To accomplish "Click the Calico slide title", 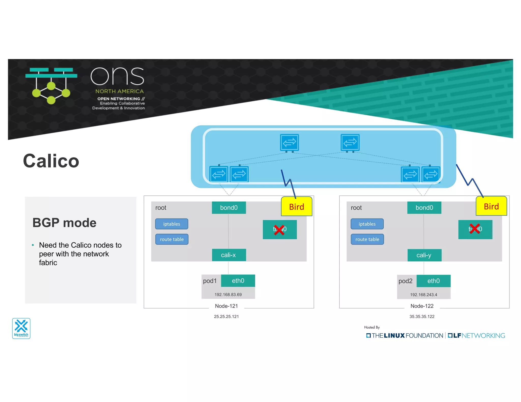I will click(x=51, y=161).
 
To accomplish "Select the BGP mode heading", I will click(x=64, y=223).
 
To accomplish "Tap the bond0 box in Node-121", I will click(x=229, y=208).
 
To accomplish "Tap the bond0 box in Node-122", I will click(x=424, y=208).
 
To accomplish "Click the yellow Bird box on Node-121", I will click(x=296, y=207).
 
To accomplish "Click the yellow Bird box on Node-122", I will click(x=491, y=206).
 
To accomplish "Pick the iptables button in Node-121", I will click(x=172, y=224).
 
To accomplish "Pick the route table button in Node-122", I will click(x=367, y=239).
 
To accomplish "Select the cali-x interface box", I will click(x=229, y=255).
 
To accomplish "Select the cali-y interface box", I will click(x=424, y=255).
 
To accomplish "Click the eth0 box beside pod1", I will click(x=238, y=281).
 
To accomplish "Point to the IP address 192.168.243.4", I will click(x=423, y=295).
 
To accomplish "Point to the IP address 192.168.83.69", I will click(x=228, y=295).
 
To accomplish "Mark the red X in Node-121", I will click(x=279, y=230).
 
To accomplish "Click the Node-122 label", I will click(x=422, y=306).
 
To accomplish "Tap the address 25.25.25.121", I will click(x=226, y=316).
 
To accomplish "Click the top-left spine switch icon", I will click(x=289, y=143).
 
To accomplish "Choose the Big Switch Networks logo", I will click(x=21, y=328).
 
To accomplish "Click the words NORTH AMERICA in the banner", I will click(x=120, y=91).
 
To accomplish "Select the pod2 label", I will click(x=405, y=281).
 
